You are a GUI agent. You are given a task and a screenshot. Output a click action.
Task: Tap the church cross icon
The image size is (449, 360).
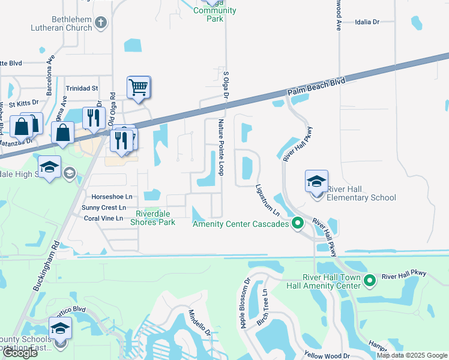click(101, 23)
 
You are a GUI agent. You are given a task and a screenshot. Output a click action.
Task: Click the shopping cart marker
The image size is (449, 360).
click(138, 88)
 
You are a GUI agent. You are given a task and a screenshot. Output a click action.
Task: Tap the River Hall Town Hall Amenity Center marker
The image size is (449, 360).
click(370, 280)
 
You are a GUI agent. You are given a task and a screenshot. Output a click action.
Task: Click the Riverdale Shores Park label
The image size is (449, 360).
click(155, 218)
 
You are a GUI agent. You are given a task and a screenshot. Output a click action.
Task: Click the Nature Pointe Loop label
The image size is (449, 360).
click(221, 146)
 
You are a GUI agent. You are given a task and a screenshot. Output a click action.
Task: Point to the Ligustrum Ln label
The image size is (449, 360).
click(268, 200)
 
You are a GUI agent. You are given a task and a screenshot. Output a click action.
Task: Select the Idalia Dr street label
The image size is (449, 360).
click(368, 22)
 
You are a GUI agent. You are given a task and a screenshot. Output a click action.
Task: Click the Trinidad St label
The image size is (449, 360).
click(82, 88)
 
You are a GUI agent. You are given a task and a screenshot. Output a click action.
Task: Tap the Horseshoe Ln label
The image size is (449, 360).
click(112, 197)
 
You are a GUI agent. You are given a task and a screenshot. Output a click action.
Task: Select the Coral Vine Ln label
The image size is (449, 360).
click(103, 218)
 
